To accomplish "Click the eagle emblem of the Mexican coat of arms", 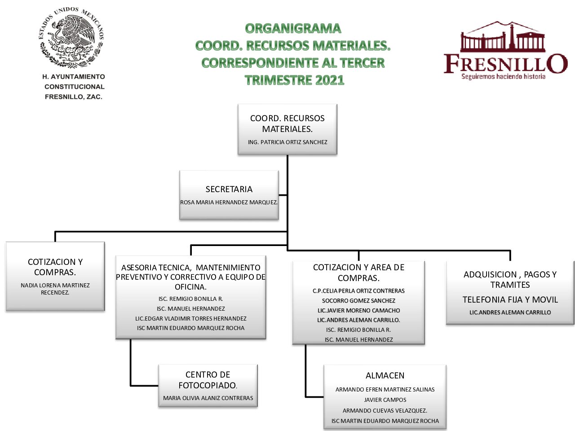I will click(x=71, y=38).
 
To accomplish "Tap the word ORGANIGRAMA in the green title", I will click(x=293, y=29).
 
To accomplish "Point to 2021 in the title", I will click(x=329, y=80).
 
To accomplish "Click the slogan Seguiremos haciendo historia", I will click(x=503, y=76).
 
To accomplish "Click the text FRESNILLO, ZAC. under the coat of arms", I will click(x=73, y=97).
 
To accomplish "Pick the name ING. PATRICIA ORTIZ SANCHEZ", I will click(x=287, y=142).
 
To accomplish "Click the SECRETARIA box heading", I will click(x=229, y=189).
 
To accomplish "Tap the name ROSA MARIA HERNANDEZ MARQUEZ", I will click(x=229, y=202).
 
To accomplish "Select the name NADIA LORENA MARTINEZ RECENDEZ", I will click(x=55, y=289).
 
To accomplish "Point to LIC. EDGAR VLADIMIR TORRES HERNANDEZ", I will click(x=191, y=318).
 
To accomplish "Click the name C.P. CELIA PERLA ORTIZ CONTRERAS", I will click(x=358, y=291).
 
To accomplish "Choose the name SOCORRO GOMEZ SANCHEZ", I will click(x=358, y=301).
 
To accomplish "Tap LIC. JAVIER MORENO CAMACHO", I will click(x=358, y=310).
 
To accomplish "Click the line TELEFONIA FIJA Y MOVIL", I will click(x=510, y=299).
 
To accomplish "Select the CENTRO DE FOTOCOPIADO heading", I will click(x=208, y=380).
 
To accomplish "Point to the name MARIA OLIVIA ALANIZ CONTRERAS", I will click(x=208, y=398).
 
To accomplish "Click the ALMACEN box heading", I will click(x=385, y=375).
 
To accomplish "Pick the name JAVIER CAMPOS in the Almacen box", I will click(x=385, y=400).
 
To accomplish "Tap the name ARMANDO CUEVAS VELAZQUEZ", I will click(x=385, y=410).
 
